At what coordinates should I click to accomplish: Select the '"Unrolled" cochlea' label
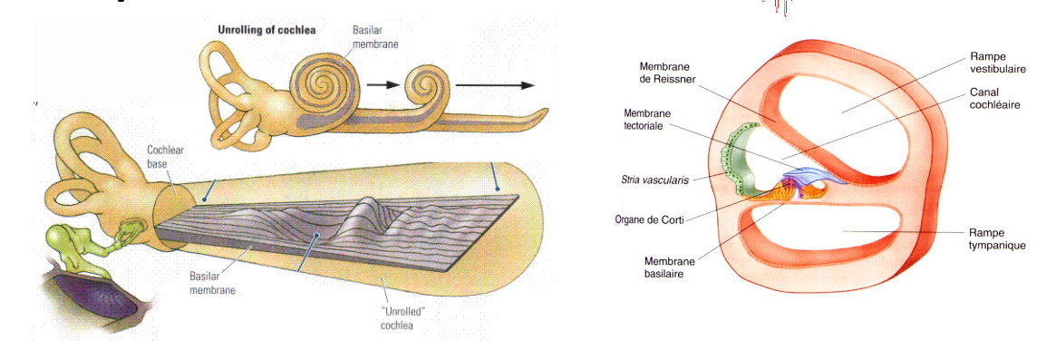(x=400, y=319)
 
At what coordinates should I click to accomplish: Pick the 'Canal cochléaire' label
(x=995, y=99)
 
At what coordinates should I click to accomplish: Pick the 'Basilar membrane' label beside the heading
(x=375, y=36)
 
